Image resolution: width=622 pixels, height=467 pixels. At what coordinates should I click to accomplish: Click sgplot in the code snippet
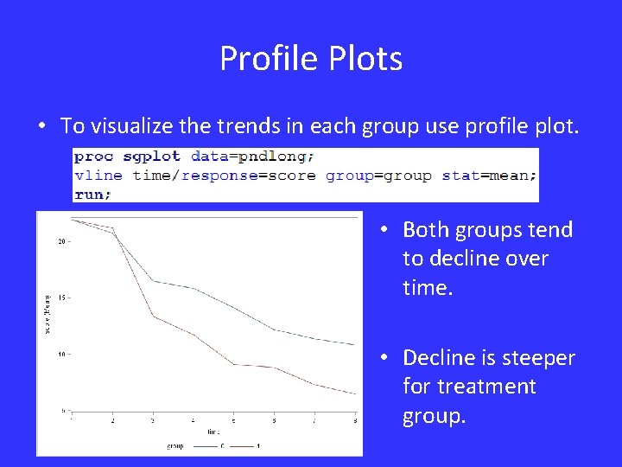153,157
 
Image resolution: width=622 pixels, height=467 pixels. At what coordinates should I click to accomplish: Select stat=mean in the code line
488,175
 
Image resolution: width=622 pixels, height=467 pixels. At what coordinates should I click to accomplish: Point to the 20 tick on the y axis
61,241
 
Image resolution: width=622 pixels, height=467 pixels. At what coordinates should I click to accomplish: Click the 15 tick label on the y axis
61,297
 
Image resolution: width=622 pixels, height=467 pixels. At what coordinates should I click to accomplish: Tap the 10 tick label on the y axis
61,354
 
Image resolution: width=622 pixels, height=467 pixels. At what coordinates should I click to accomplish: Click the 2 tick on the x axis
112,420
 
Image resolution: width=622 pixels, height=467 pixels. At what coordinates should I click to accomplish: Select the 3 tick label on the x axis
153,420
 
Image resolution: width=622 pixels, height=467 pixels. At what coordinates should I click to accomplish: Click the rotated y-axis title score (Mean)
48,313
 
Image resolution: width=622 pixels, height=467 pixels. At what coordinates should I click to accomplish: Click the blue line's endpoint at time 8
355,345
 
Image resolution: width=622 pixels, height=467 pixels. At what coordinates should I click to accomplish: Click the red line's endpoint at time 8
355,394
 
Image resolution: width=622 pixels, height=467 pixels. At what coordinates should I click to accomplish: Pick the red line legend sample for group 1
243,446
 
